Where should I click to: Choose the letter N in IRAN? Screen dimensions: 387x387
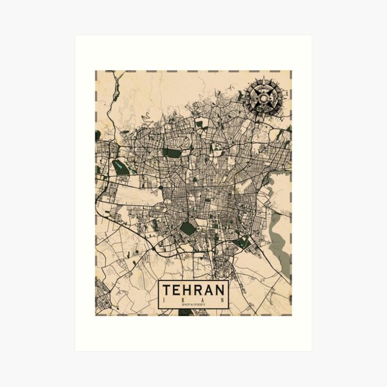coord(223,299)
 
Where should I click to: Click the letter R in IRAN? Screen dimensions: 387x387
coord(183,299)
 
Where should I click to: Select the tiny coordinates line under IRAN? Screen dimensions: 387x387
coord(193,304)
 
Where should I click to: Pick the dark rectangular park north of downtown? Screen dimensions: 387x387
coord(172,153)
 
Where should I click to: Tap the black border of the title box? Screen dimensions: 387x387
coord(159,293)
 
